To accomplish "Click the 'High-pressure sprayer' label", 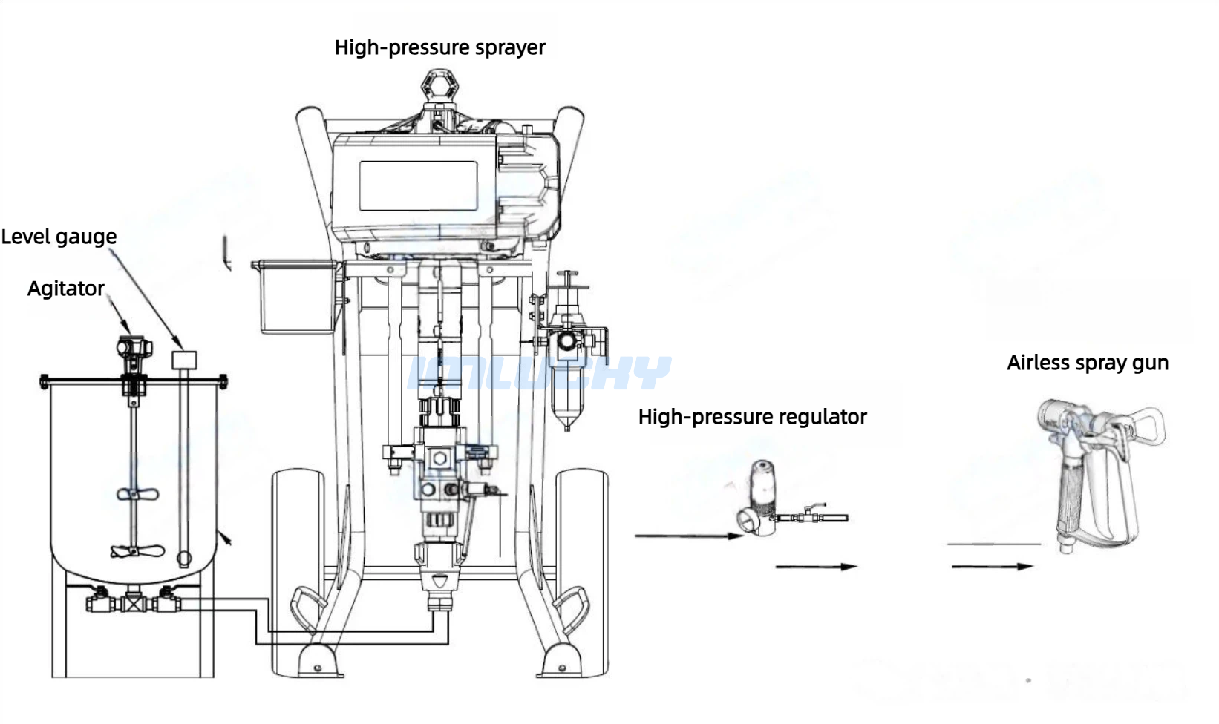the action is (x=439, y=48).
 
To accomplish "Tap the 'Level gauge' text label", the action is (x=59, y=237).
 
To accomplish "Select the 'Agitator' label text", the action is (x=66, y=289).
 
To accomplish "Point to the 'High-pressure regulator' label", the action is (x=753, y=417).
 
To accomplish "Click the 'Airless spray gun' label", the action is (x=1088, y=363).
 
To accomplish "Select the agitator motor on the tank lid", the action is (x=134, y=348).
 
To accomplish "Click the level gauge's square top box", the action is (x=184, y=360).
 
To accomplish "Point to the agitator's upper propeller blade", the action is (x=137, y=494).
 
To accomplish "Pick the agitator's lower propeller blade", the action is (x=137, y=551).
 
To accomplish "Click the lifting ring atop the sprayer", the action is (x=439, y=86).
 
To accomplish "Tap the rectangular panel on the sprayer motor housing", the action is (x=418, y=185).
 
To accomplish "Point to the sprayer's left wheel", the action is (x=298, y=571).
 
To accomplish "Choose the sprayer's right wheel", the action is (x=582, y=571).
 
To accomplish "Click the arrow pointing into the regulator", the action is (x=689, y=536).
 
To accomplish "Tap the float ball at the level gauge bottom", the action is (x=184, y=558).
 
